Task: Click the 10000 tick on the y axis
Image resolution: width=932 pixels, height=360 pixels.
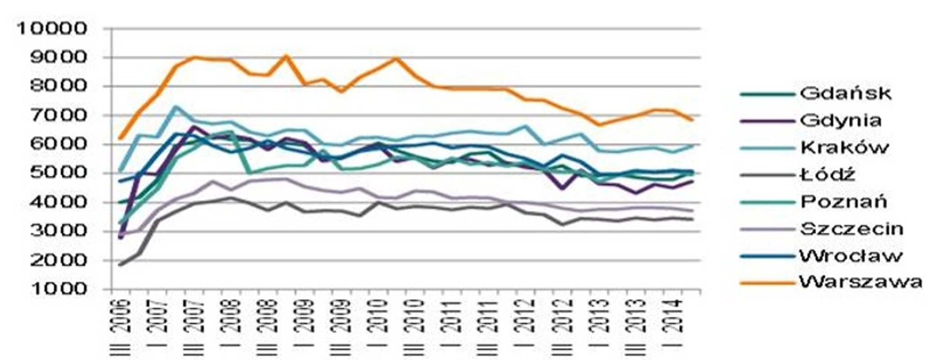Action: pos(52,29)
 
